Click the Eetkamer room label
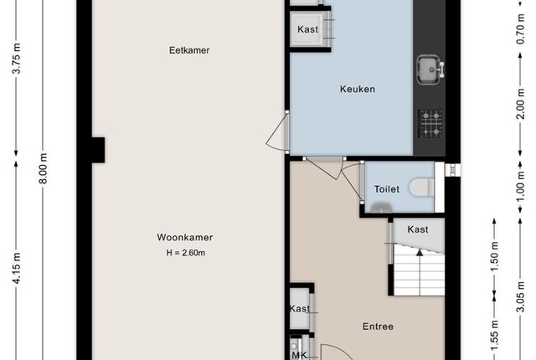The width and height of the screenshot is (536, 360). pos(189,50)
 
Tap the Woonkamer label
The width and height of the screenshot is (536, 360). pos(185,238)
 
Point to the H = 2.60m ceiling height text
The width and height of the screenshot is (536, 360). pos(186,253)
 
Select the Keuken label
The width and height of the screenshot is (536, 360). pos(358,89)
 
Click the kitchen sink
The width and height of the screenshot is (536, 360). pos(430,69)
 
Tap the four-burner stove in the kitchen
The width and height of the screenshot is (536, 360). pos(430,123)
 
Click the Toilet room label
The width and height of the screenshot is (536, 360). pos(387,189)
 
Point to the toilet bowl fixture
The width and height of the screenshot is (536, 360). pos(422,188)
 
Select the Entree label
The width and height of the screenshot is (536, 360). pos(378,327)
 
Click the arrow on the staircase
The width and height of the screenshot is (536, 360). pos(420,253)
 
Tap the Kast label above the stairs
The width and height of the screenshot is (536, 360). pos(418,229)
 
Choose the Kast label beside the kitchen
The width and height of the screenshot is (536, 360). pos(307,29)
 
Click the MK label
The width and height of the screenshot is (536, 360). pos(300,355)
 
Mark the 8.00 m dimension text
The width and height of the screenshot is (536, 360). pos(44,168)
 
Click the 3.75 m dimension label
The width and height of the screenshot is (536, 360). pos(17,59)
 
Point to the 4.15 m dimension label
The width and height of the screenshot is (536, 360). pos(17,268)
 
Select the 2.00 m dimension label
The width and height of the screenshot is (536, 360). pos(520,104)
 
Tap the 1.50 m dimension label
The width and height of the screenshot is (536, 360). pos(494,256)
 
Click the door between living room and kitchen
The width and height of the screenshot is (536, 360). pos(277,131)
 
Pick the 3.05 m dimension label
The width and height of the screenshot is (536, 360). pos(520,297)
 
